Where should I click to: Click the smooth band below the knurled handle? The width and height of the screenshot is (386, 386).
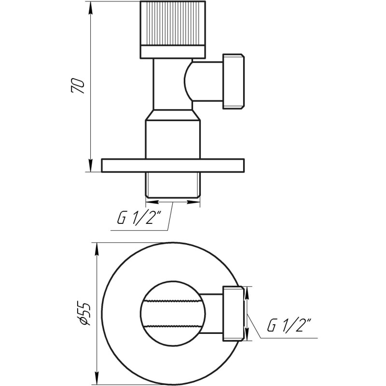tap(173, 51)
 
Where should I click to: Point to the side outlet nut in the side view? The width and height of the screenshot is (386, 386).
tap(234, 81)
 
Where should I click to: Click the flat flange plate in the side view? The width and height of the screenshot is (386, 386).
tap(173, 165)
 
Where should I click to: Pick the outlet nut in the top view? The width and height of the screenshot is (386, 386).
tap(234, 313)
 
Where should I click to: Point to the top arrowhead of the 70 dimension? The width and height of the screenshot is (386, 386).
tap(90, 7)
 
